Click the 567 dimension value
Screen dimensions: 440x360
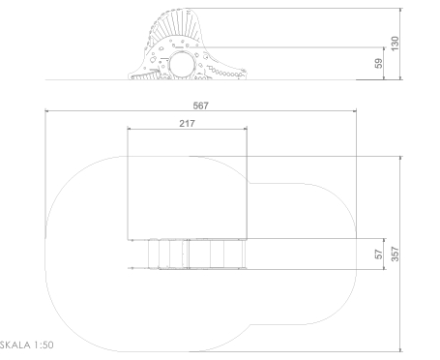[x=201, y=105]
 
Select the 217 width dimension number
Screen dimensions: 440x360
[x=187, y=123]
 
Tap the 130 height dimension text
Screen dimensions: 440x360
[x=395, y=44]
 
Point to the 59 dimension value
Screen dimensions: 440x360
[x=379, y=63]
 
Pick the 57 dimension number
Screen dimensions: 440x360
[x=379, y=255]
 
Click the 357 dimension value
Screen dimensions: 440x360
[x=395, y=254]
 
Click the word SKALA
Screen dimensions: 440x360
[x=15, y=345]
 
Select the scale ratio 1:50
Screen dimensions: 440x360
[x=44, y=345]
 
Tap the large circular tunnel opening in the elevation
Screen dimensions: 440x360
[x=182, y=64]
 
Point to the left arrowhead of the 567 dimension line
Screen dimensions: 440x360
[x=46, y=111]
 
